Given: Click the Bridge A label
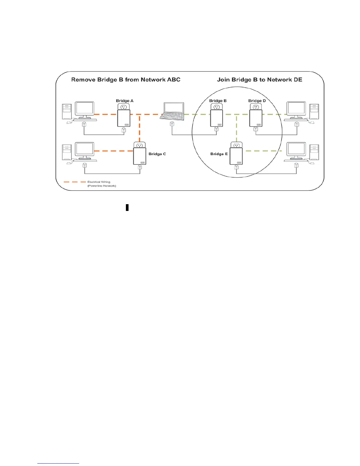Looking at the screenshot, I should (x=125, y=101).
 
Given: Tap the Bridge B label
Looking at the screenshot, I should (x=218, y=101).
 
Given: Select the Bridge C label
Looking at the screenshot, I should (x=157, y=154).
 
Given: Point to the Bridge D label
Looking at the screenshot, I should (x=257, y=101).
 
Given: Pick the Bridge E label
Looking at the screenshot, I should (x=219, y=154).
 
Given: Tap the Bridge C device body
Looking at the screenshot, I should (x=140, y=156).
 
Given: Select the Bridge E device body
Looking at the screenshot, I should (x=236, y=156).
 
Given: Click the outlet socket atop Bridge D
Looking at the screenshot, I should (x=256, y=107).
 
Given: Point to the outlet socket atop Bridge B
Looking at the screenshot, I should (x=217, y=107).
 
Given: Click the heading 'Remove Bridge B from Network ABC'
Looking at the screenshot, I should (x=126, y=80).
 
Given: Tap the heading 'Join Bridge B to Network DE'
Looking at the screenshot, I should (x=259, y=80).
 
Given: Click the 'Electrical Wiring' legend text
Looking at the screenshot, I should (x=99, y=182).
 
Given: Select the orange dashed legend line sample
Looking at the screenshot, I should (x=74, y=182).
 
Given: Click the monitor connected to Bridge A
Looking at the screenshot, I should (x=85, y=109).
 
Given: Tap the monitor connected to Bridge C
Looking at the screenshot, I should (x=85, y=149).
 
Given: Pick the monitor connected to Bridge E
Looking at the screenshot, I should (x=296, y=149).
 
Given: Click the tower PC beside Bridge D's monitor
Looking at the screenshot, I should (x=314, y=111).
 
